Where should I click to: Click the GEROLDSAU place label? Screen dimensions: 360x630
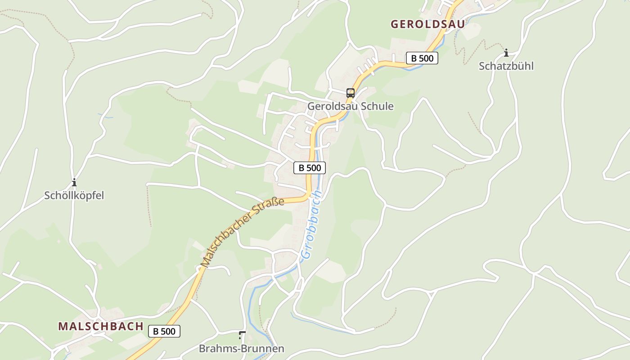(427, 24)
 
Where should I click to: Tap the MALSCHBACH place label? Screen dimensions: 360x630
(101, 326)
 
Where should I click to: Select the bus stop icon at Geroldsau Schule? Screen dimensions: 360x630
(351, 93)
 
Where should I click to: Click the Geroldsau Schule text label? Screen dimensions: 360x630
(350, 106)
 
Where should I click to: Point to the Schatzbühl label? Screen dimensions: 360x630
(506, 66)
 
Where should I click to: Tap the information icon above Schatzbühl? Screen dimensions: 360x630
(506, 53)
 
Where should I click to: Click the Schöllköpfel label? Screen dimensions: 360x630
(74, 195)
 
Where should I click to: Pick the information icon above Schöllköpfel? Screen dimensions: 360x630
(74, 182)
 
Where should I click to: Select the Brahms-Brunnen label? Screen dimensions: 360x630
(242, 349)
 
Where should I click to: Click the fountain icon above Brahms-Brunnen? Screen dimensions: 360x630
(242, 335)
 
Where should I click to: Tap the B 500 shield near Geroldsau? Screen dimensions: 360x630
(422, 58)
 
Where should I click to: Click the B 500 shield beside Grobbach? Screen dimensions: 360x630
(310, 168)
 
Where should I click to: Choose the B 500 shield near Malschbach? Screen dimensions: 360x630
(164, 331)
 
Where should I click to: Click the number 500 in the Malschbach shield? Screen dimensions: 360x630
(169, 331)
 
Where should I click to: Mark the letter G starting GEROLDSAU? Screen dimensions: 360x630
(395, 24)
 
